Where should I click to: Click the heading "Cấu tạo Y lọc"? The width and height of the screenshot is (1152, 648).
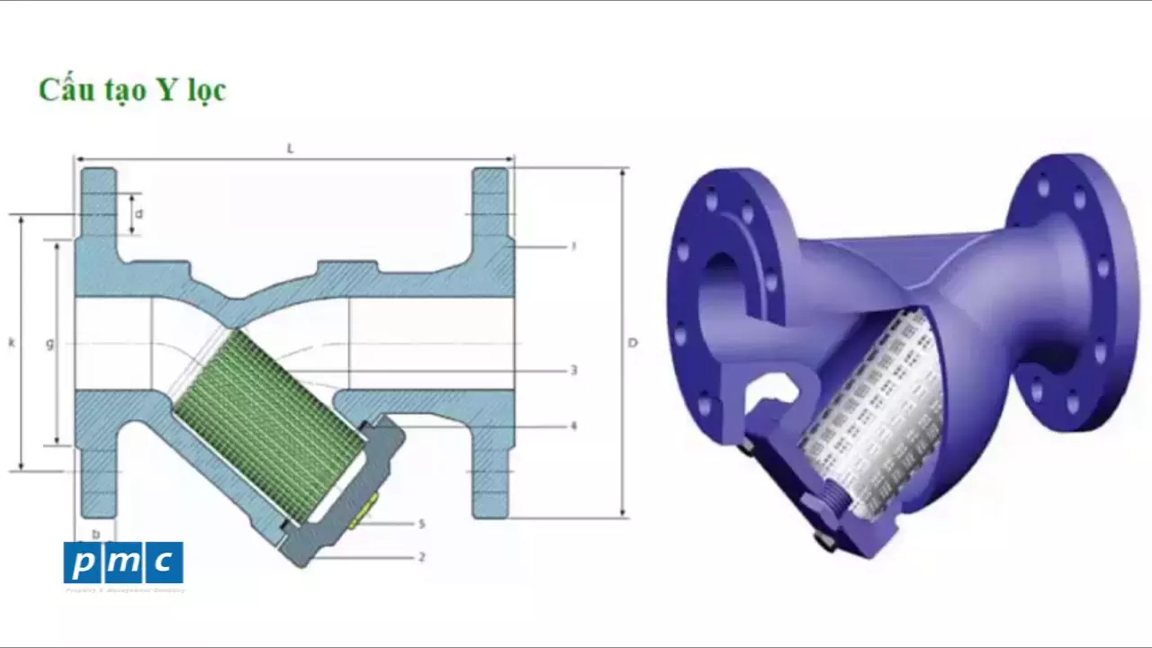pos(131,90)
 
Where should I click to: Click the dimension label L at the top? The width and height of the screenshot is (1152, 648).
pos(290,148)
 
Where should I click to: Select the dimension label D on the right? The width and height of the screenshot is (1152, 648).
pos(633,343)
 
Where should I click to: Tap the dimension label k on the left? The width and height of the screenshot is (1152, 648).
pos(12,343)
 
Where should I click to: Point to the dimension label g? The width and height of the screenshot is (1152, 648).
pos(49,343)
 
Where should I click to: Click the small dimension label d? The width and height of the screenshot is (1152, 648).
pos(139,214)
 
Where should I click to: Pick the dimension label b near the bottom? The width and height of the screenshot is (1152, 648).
pos(95,534)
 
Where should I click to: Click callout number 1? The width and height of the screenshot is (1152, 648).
pos(573,246)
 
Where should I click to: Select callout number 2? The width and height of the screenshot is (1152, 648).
pos(421,557)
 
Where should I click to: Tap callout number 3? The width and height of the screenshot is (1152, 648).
pos(573,370)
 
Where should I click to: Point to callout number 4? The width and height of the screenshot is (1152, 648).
pos(573,426)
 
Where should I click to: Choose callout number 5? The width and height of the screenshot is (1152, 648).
pos(421,523)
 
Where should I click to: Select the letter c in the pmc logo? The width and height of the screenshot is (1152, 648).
pos(163,563)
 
